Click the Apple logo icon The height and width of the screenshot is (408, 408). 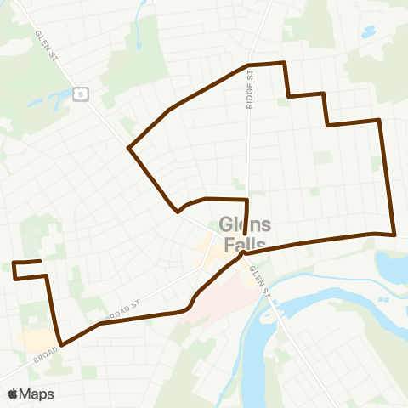click(14, 394)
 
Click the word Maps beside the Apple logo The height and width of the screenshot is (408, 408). click(37, 394)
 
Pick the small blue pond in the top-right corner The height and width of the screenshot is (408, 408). click(368, 32)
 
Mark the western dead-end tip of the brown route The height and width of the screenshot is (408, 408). click(40, 262)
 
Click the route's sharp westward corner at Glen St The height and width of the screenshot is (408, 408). click(129, 148)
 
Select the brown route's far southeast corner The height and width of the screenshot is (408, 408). click(394, 234)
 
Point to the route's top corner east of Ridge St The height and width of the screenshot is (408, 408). click(285, 63)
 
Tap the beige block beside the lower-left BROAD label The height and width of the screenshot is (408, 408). click(38, 341)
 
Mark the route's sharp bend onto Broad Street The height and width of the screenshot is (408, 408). click(60, 344)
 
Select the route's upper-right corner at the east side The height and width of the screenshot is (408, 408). click(379, 120)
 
